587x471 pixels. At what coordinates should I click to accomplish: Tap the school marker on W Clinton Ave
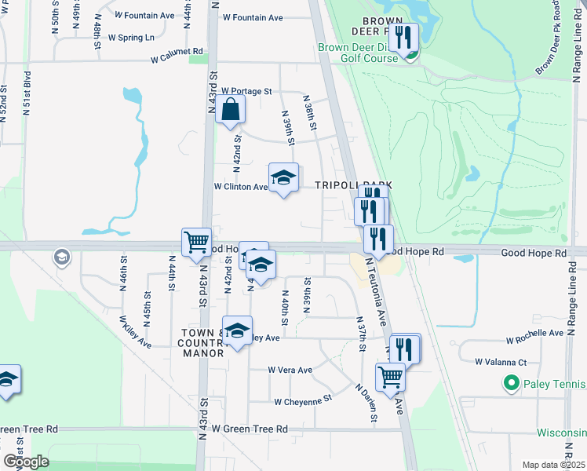[x=284, y=178]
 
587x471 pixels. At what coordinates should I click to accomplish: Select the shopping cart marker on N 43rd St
[x=196, y=242]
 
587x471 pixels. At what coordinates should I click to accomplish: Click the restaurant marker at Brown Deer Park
[x=403, y=38]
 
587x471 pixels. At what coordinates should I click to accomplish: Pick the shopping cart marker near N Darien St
[x=390, y=378]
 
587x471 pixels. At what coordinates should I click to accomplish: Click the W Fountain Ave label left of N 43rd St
[x=144, y=15]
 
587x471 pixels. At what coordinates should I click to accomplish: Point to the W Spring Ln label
[x=131, y=37]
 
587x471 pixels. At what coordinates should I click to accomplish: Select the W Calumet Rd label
[x=177, y=56]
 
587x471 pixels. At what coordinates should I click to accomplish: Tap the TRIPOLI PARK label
[x=353, y=185]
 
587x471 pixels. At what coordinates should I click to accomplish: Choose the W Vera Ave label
[x=290, y=370]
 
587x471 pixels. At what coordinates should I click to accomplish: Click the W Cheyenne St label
[x=303, y=400]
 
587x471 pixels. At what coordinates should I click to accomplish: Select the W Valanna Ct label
[x=501, y=362]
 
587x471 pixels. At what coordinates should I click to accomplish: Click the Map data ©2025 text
[x=553, y=465]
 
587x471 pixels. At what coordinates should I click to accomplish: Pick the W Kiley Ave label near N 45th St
[x=135, y=332]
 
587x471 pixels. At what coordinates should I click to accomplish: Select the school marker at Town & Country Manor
[x=236, y=331]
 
